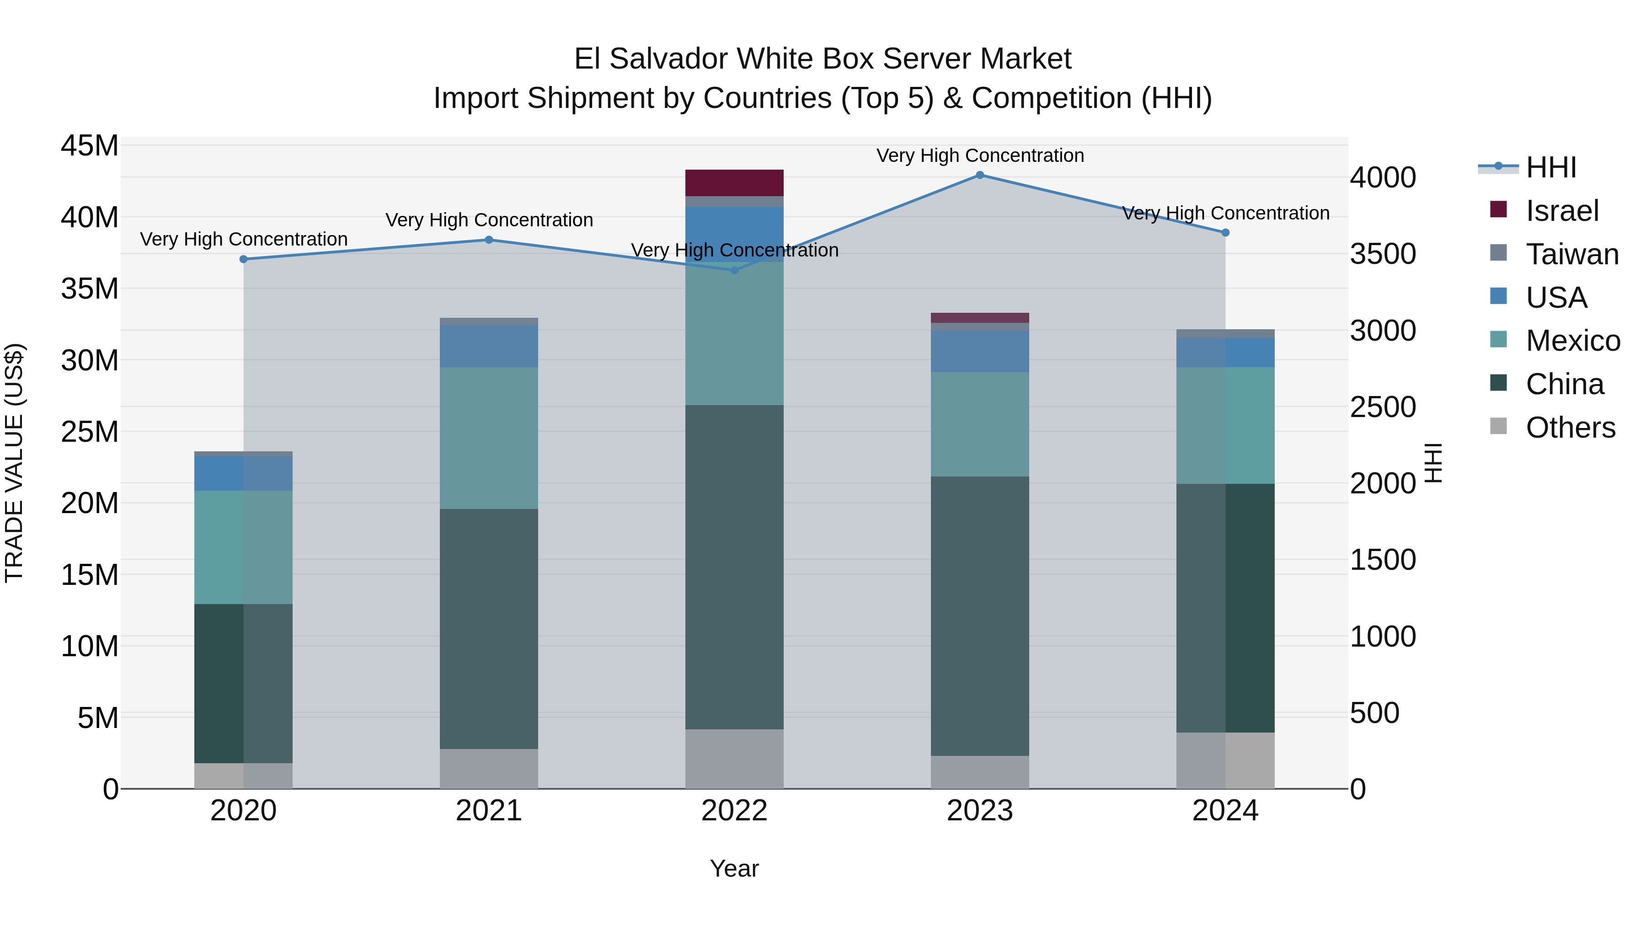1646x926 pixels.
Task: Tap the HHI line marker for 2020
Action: coord(243,259)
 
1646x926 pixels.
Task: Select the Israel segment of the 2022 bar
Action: coord(734,183)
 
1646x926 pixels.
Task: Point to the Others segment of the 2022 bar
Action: coord(734,759)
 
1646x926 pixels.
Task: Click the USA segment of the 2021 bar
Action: coord(489,346)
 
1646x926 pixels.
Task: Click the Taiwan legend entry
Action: coord(1572,254)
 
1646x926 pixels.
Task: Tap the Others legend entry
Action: coord(1570,428)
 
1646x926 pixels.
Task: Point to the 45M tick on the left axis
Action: coord(90,146)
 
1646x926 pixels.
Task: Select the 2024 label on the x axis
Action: coord(1225,811)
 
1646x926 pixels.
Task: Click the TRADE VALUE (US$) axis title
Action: coord(14,463)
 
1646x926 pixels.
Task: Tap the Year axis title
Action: coord(734,868)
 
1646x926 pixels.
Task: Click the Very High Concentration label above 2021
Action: coord(489,220)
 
